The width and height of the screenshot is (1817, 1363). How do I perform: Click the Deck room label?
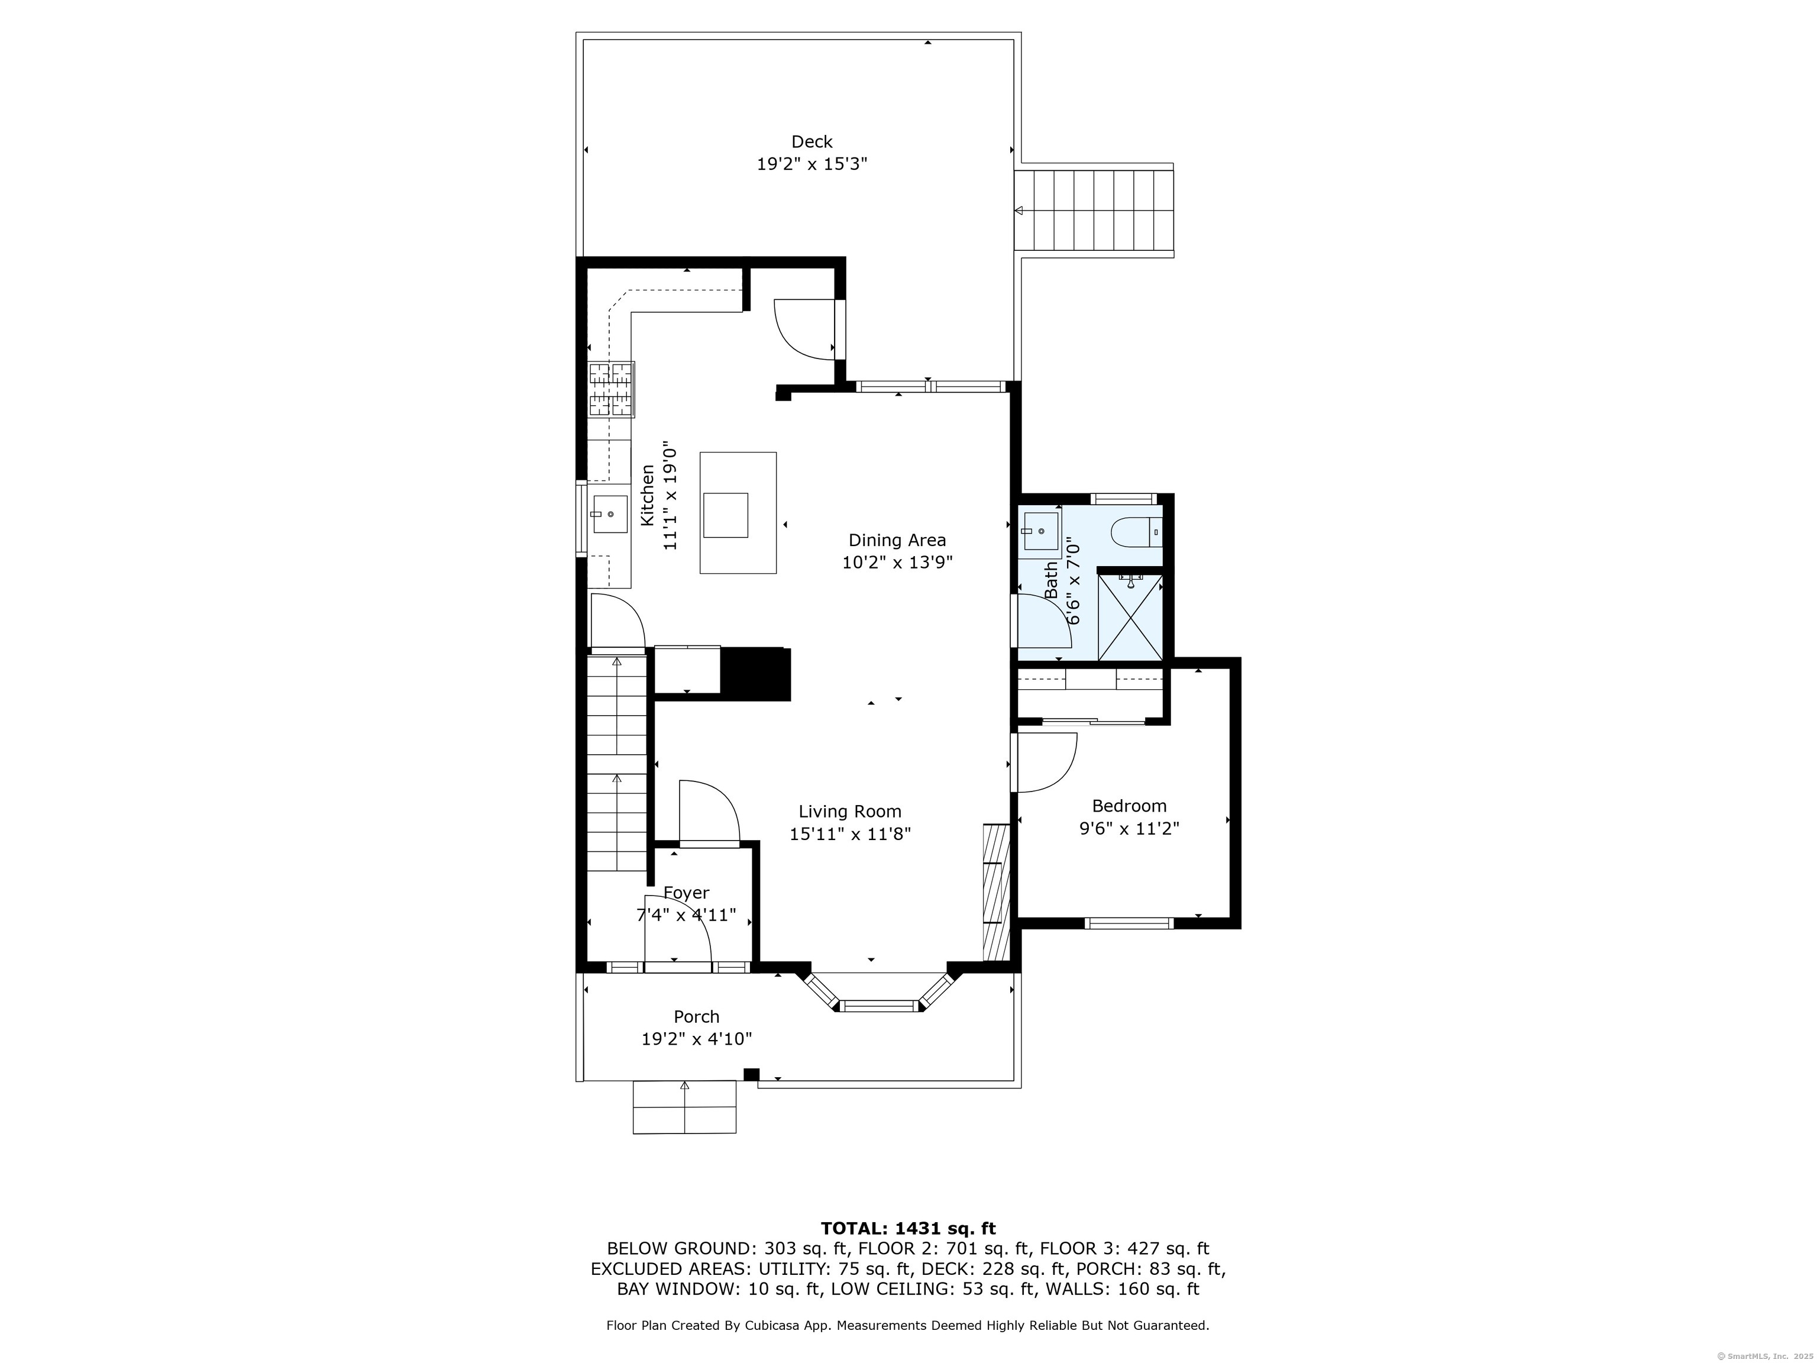811,141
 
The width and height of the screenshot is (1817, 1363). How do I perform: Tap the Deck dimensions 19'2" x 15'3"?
811,163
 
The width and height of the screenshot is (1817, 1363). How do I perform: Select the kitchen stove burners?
611,389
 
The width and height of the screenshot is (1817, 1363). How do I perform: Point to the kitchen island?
738,513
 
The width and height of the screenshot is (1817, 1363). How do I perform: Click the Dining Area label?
897,540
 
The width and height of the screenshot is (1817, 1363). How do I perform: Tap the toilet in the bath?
1137,532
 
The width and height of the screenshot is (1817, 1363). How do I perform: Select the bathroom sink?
1040,532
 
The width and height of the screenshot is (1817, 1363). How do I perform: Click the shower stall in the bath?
1130,617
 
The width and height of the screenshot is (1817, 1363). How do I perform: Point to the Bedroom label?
1129,806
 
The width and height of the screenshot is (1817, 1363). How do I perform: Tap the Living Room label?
849,812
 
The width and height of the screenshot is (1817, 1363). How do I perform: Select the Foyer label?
686,893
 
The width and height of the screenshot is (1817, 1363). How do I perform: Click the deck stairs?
1095,211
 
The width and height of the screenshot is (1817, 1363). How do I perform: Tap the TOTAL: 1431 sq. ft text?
908,1228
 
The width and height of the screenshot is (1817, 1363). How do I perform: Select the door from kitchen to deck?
809,330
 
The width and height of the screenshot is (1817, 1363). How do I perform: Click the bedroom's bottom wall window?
1130,923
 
